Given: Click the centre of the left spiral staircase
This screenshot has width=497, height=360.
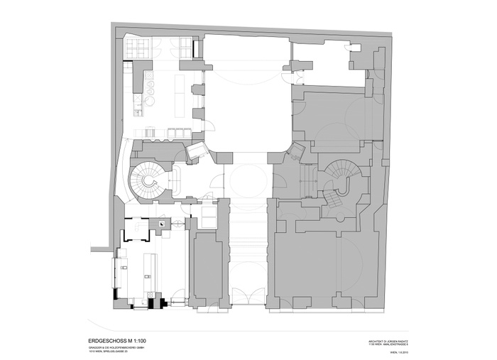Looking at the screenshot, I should click(x=149, y=181).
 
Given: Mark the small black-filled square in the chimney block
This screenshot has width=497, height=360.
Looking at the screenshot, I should click(x=162, y=224).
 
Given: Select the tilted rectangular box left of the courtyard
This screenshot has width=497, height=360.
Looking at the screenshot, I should click(x=195, y=150).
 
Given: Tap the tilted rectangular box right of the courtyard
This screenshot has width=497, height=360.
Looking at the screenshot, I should click(x=297, y=151).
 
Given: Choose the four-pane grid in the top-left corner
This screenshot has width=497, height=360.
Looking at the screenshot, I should click(x=134, y=50).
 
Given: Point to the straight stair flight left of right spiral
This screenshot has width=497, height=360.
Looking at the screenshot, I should click(x=309, y=178).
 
